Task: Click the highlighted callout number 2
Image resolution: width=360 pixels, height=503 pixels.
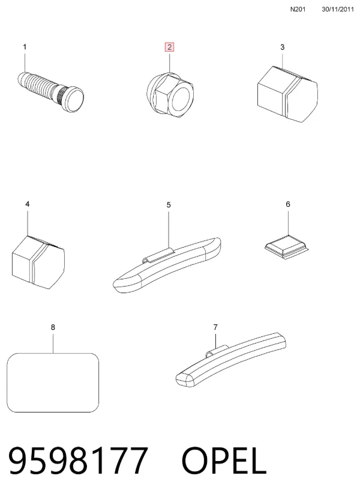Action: pos(169,47)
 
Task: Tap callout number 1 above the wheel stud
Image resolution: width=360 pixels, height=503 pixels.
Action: pos(25,47)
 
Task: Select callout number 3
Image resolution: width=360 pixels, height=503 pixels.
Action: pos(282,47)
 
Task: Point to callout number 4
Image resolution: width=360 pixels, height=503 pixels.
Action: pos(28,204)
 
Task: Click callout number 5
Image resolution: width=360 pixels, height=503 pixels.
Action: pos(169,204)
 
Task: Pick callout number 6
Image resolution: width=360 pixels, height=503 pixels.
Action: pos(288,204)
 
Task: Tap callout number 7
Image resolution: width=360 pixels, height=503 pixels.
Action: pos(215,327)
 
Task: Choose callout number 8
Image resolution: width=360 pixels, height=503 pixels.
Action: pos(53,327)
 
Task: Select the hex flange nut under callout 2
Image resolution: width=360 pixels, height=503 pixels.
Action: pos(170,95)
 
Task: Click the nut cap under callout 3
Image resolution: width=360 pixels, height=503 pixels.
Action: pos(287,94)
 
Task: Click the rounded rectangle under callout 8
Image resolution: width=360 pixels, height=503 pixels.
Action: pos(53,382)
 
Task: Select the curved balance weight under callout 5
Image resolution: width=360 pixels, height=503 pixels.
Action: pos(167,266)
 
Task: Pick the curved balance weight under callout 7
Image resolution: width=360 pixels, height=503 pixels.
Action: pos(231,360)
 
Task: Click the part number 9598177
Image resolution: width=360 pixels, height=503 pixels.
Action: pos(78,460)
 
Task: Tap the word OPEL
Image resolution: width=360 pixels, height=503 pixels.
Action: pos(224,460)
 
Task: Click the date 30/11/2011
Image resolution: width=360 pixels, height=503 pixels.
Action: pos(338,10)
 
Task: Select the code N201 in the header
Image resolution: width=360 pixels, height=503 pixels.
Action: pos(298,10)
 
